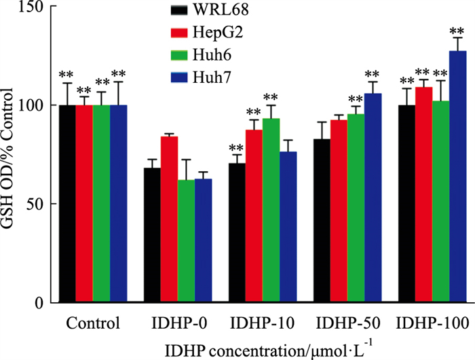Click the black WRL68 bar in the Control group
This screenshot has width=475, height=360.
[68, 204]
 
